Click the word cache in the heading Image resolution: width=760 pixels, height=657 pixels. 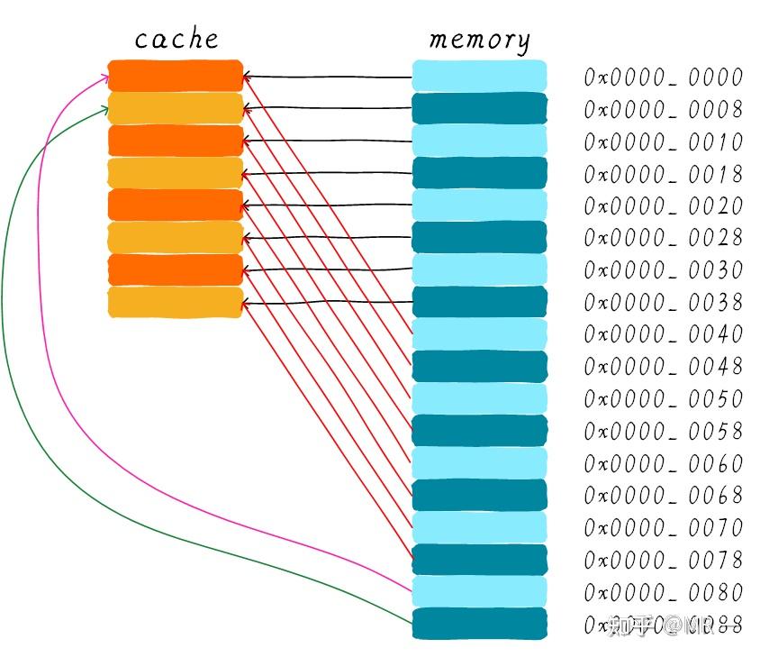[176, 39]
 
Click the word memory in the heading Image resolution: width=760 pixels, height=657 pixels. [479, 40]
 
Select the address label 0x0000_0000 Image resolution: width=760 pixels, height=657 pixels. [663, 78]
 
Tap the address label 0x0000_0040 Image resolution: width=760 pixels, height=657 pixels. [663, 334]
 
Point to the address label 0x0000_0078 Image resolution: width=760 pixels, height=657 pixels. [663, 560]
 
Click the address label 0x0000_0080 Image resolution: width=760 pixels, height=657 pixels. [663, 592]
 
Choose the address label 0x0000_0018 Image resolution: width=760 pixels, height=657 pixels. [663, 174]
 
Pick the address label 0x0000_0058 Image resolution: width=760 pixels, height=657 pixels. [663, 431]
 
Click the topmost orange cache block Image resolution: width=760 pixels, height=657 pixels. [176, 76]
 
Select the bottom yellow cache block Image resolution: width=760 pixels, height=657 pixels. [176, 302]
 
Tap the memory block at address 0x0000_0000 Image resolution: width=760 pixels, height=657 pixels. [479, 76]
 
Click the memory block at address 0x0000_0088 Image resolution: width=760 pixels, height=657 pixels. [479, 624]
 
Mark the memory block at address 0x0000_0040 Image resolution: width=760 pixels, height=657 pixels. [479, 334]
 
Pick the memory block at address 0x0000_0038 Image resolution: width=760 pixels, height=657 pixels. [479, 302]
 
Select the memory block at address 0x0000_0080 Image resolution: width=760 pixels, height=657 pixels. [479, 591]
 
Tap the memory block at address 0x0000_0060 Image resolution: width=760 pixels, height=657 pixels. [479, 463]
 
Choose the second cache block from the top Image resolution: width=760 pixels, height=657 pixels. [176, 108]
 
